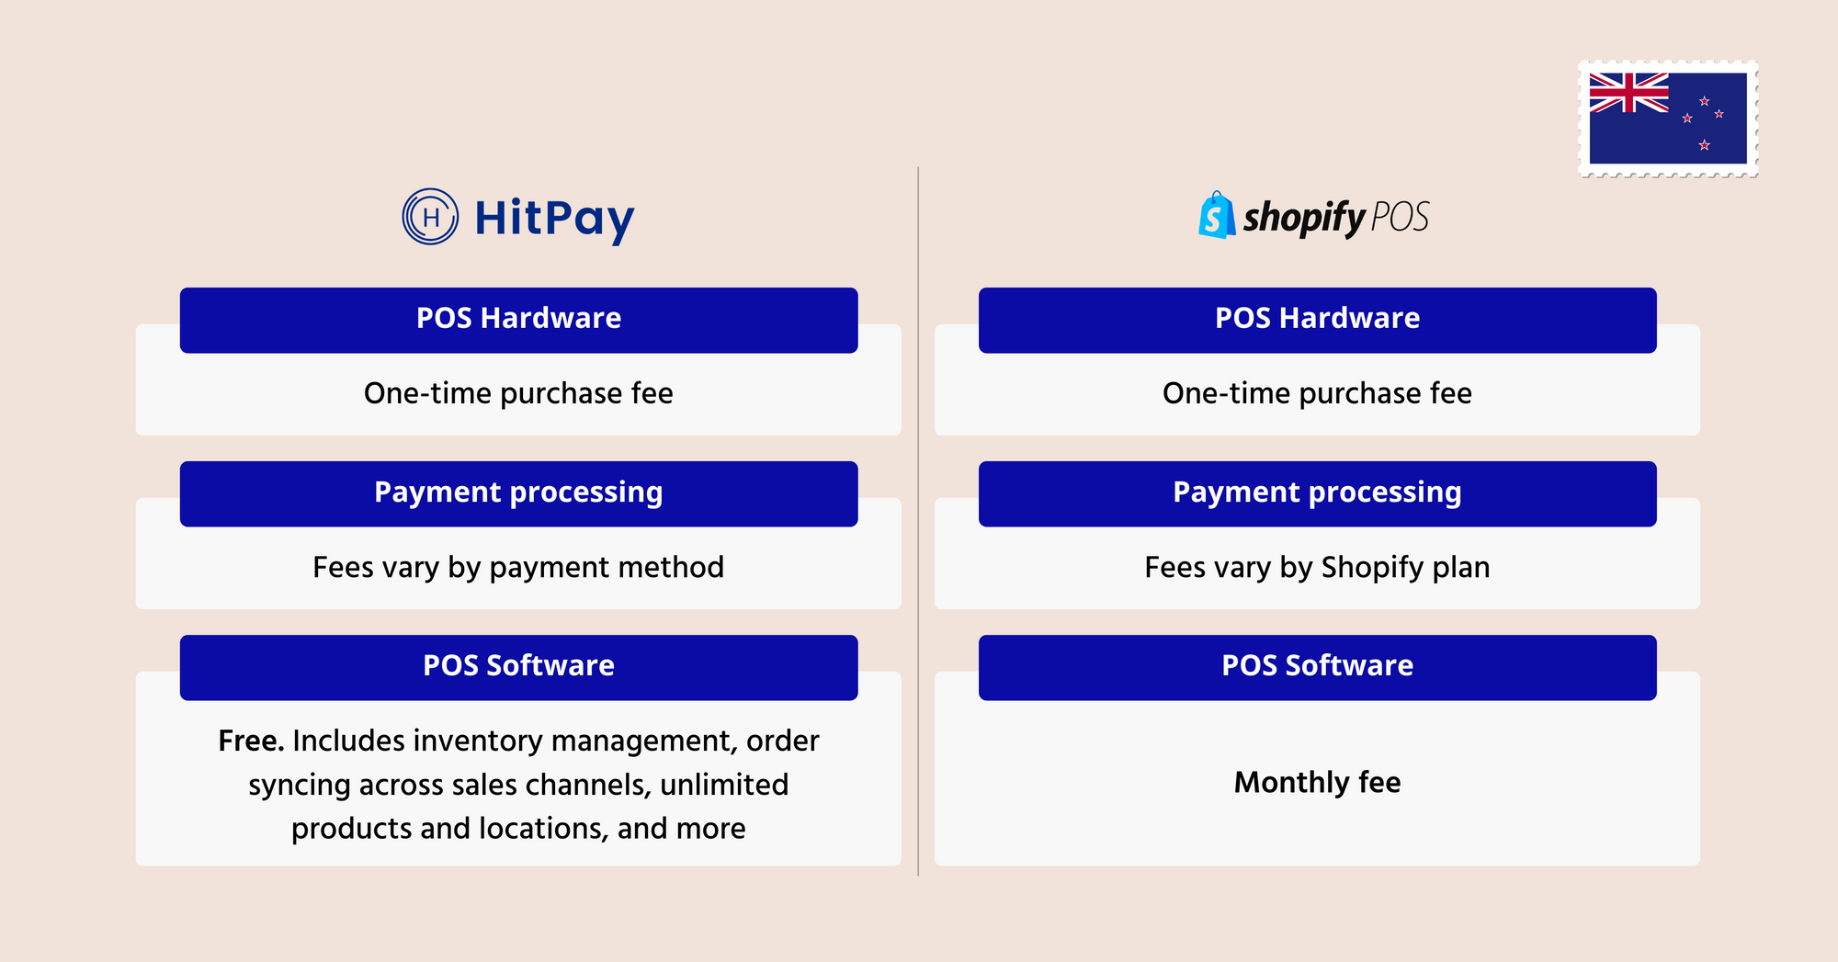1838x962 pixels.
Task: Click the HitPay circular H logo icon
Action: pyautogui.click(x=430, y=217)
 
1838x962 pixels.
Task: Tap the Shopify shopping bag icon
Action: pyautogui.click(x=1217, y=215)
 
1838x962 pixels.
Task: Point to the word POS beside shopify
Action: pyautogui.click(x=1400, y=218)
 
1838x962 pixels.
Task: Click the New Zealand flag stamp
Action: pyautogui.click(x=1668, y=119)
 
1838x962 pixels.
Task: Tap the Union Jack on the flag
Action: pyautogui.click(x=1628, y=93)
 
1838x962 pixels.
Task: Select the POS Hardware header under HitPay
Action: pyautogui.click(x=518, y=320)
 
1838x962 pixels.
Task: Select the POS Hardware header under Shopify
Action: pyautogui.click(x=1317, y=320)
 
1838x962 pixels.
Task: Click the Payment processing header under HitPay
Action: pyautogui.click(x=518, y=493)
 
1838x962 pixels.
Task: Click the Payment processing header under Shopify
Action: pyautogui.click(x=1317, y=493)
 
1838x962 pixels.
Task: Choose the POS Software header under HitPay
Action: pyautogui.click(x=518, y=667)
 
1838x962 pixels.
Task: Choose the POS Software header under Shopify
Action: pyautogui.click(x=1317, y=667)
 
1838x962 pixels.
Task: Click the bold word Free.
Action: pyautogui.click(x=251, y=741)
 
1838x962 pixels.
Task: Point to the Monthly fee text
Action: pyautogui.click(x=1317, y=783)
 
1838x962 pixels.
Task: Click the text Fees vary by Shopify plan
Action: pyautogui.click(x=1317, y=568)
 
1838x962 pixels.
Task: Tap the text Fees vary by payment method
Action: pyautogui.click(x=518, y=568)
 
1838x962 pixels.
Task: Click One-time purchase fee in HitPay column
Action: pyautogui.click(x=518, y=393)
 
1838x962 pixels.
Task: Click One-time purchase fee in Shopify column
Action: pyautogui.click(x=1317, y=393)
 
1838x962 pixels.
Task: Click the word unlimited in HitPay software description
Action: pyautogui.click(x=724, y=785)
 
